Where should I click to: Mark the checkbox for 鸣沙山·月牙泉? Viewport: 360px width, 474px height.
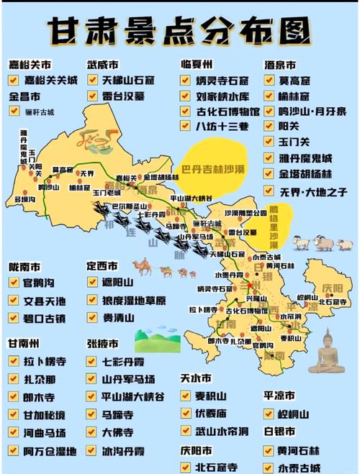point(269,111)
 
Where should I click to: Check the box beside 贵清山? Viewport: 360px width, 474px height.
point(92,316)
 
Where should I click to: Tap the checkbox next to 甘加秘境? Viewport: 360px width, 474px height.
point(13,414)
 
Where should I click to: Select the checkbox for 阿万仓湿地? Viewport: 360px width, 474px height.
point(13,450)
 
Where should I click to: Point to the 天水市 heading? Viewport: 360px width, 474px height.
point(197,377)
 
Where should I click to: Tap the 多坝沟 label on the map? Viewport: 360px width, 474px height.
point(25,199)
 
